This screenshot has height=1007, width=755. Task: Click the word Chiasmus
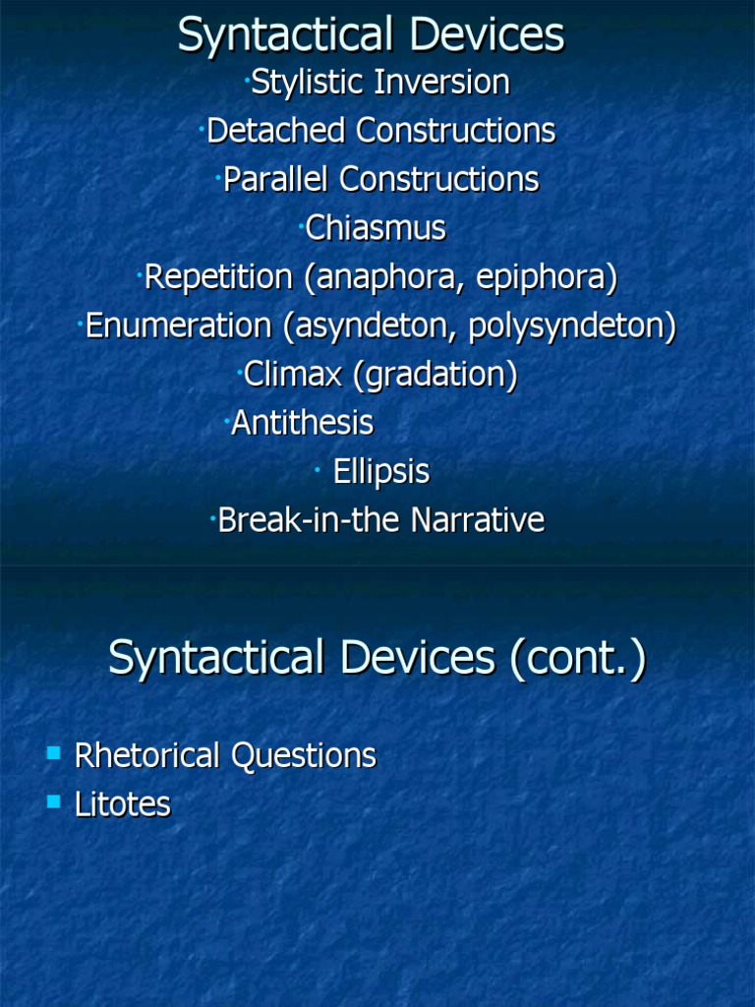pos(376,229)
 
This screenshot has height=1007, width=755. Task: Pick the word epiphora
pos(547,278)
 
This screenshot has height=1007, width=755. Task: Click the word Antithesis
pos(303,423)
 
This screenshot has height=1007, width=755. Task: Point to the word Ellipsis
pos(381,472)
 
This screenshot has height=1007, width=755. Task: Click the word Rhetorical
pos(148,756)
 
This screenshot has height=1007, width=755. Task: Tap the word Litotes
pos(123,804)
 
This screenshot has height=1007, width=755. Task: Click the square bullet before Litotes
pos(53,802)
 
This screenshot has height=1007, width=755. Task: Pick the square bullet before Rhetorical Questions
pos(53,754)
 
